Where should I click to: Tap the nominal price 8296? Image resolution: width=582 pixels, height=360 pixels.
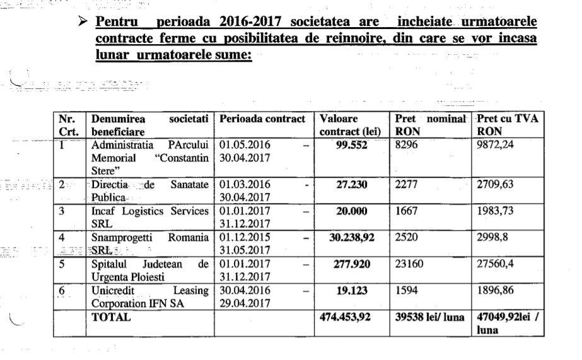point(407,144)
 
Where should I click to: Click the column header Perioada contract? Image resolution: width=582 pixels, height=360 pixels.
point(262,119)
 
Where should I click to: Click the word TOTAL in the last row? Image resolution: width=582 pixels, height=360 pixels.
point(112,318)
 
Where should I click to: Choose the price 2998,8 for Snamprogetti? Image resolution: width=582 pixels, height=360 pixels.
point(495,238)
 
